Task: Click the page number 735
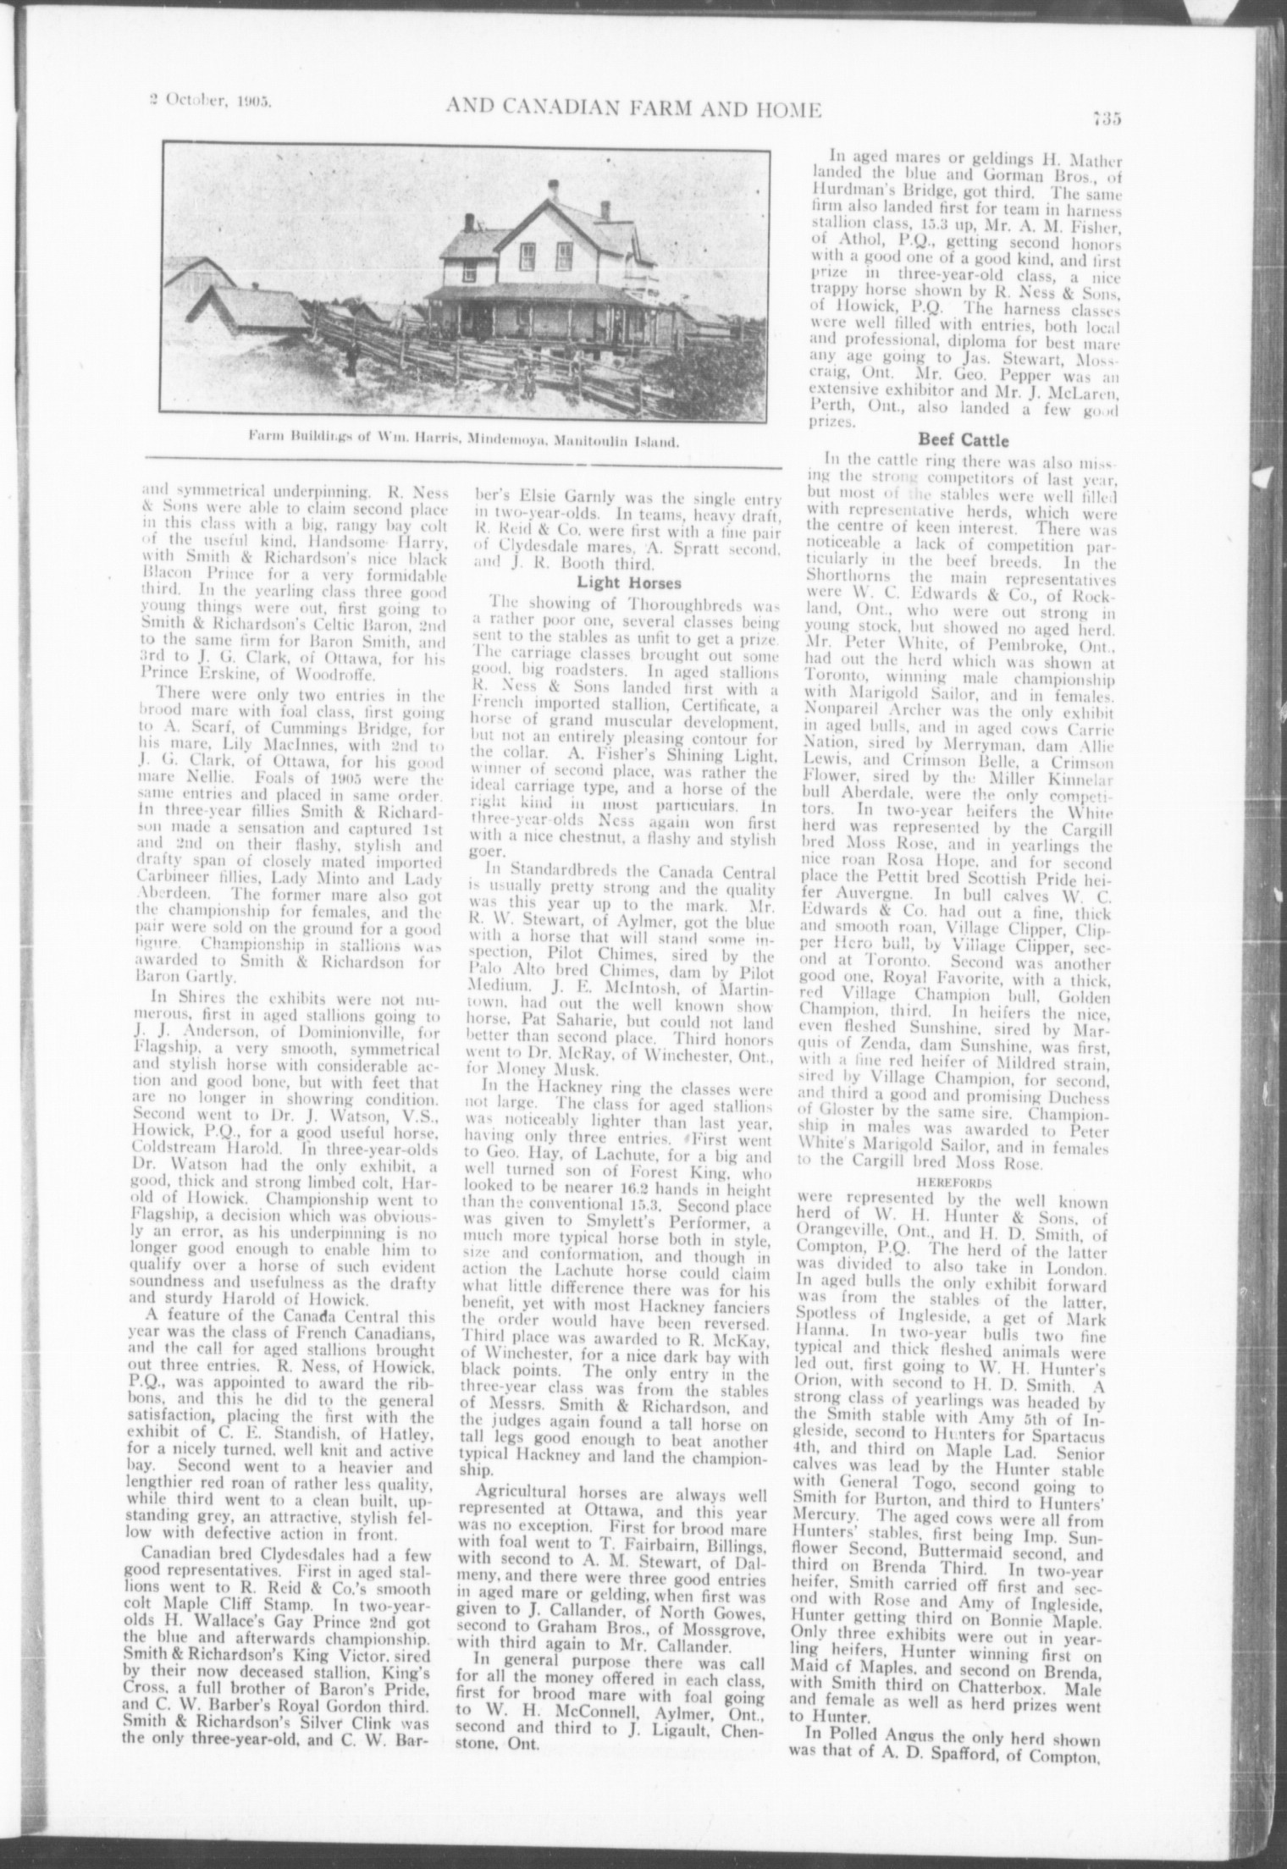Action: pos(1106,119)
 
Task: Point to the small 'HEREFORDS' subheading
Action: pos(951,1177)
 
